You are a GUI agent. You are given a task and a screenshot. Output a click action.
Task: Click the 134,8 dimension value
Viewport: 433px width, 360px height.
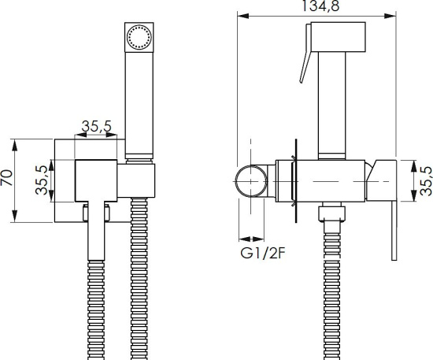[320, 6]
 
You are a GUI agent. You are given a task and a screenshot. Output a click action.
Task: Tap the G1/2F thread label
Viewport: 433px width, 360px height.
[262, 253]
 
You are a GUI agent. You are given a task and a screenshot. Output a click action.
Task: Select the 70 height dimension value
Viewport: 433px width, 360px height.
[6, 177]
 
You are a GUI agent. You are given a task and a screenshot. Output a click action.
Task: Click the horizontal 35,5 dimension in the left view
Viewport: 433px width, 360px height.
[96, 126]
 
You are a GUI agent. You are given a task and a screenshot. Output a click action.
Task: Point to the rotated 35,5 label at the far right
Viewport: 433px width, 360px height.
[426, 180]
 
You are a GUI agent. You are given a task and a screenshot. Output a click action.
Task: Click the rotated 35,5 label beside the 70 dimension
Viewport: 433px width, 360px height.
[42, 180]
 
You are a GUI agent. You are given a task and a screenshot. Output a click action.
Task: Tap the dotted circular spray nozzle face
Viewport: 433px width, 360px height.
[139, 37]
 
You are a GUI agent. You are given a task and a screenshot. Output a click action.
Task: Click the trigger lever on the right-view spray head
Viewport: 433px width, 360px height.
[306, 54]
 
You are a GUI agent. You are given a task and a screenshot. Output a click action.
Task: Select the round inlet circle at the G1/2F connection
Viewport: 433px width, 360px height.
[250, 181]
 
